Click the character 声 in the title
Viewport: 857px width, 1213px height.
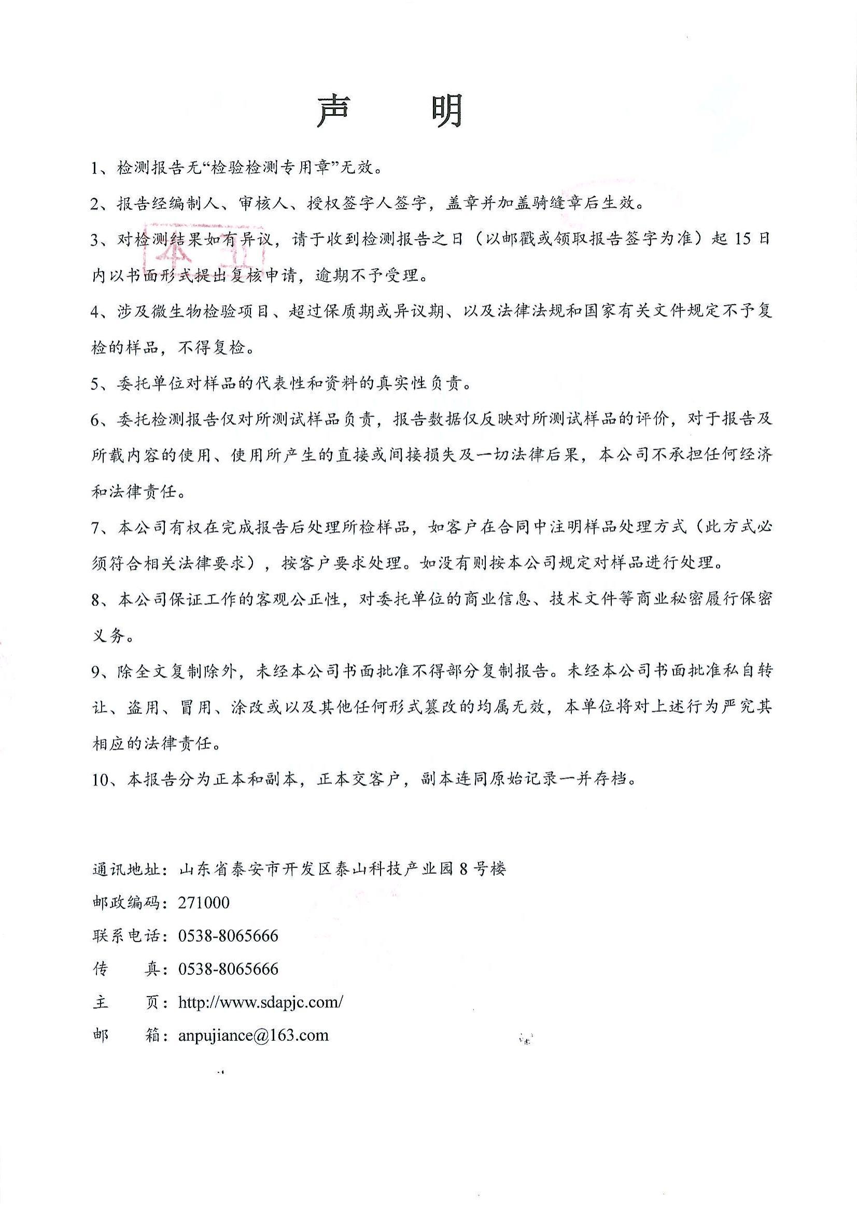(x=333, y=112)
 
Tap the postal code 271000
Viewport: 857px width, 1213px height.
(x=204, y=902)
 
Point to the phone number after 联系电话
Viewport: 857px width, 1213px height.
(x=228, y=935)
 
